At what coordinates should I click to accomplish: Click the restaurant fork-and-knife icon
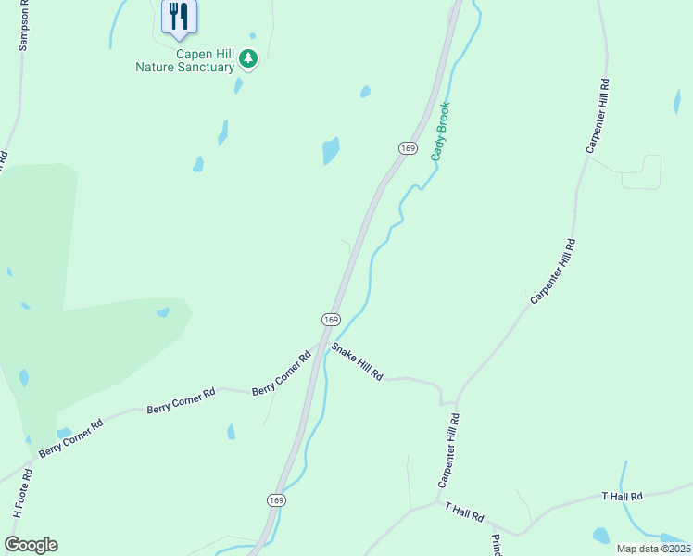(x=179, y=16)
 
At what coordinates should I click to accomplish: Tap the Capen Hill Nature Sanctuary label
(x=185, y=60)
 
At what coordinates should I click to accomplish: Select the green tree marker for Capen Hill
(x=247, y=59)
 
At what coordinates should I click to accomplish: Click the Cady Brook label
(x=440, y=131)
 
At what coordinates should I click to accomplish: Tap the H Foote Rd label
(x=23, y=493)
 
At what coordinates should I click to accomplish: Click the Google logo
(x=31, y=545)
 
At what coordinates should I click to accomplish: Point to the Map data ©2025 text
(x=652, y=549)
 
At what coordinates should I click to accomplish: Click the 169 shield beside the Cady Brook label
(x=408, y=148)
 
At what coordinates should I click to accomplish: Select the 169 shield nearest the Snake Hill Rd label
(x=331, y=319)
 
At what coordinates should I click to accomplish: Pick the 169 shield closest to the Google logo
(x=276, y=499)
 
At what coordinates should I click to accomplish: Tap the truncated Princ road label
(x=497, y=544)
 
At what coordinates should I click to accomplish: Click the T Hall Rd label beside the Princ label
(x=465, y=512)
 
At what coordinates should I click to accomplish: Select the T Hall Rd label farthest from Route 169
(x=622, y=497)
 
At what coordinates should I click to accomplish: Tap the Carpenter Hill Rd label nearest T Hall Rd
(x=449, y=452)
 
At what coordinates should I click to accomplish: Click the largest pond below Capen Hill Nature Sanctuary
(x=331, y=150)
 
